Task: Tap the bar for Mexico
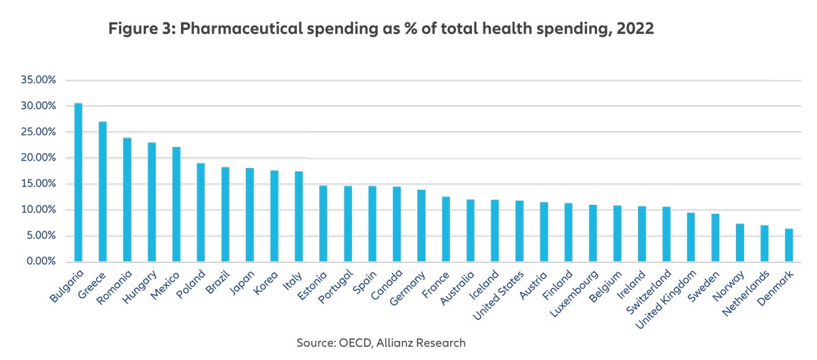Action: (176, 204)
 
